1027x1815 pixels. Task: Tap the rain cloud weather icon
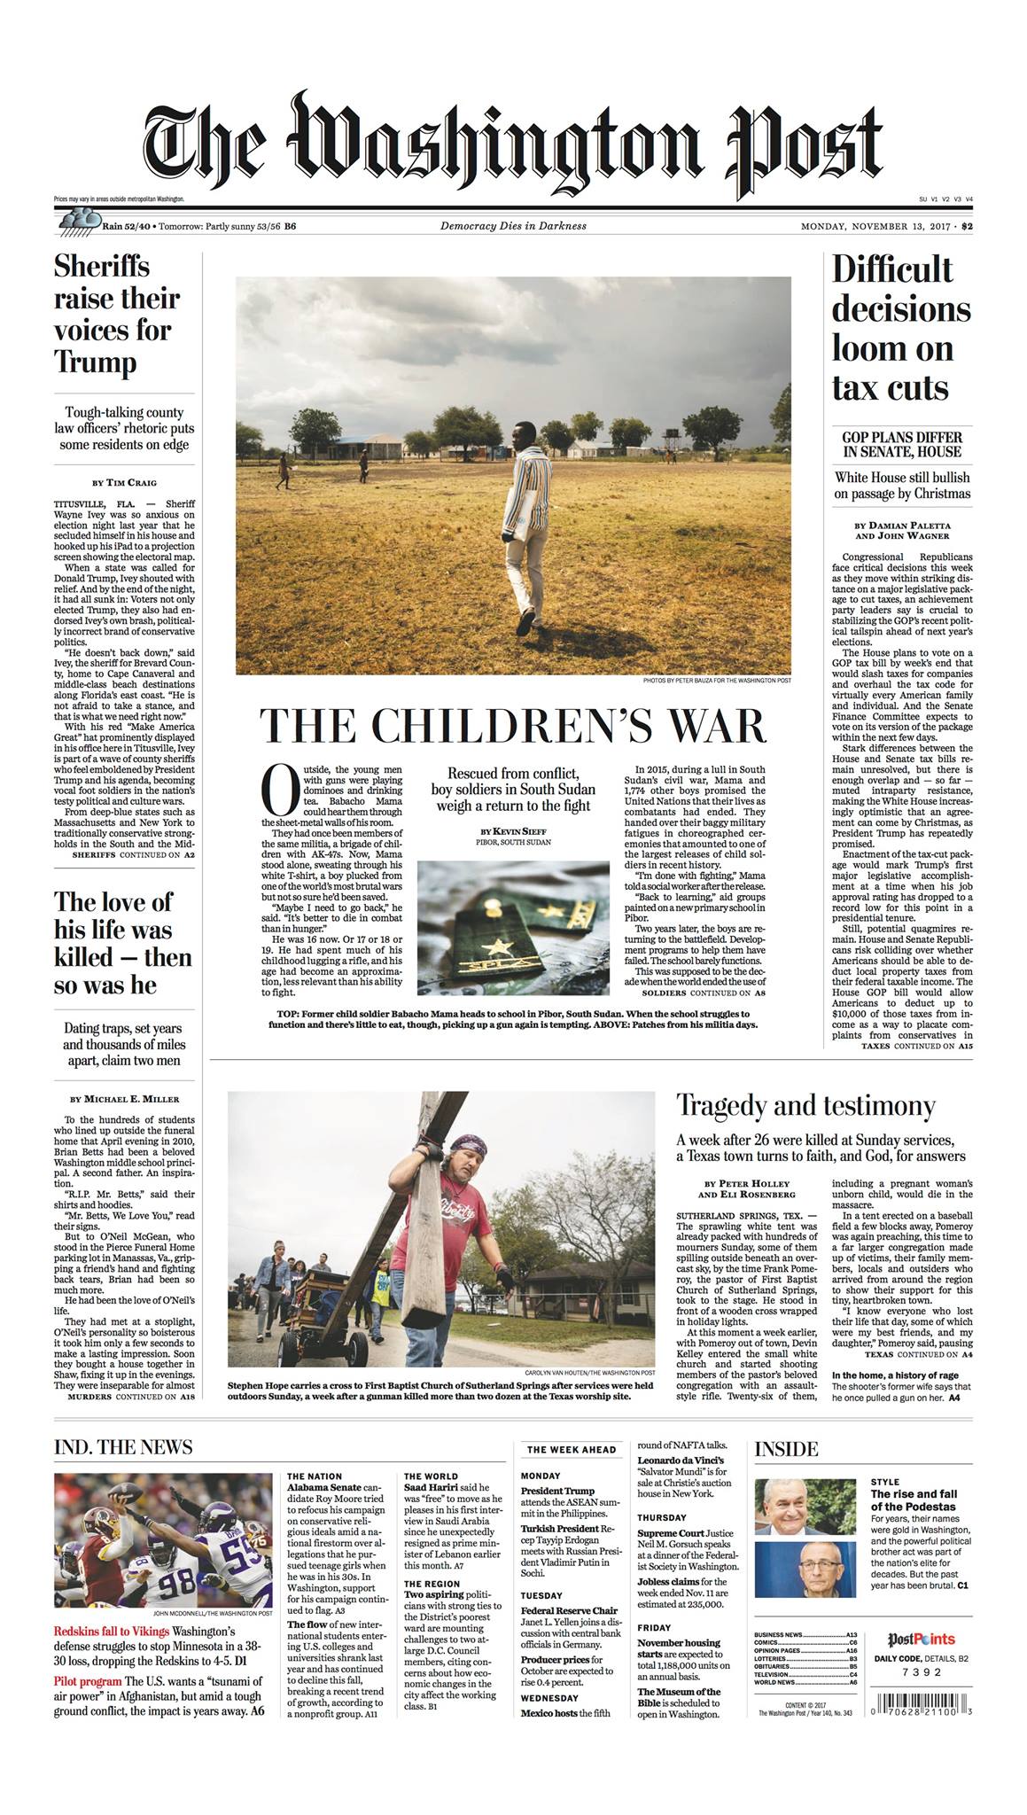78,222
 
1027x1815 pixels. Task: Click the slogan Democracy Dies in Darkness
513,226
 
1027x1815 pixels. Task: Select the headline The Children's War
513,726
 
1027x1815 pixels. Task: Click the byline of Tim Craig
124,482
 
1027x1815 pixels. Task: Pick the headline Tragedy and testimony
805,1106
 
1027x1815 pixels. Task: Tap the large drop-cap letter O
277,791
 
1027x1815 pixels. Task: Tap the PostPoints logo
921,1640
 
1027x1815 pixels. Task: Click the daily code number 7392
921,1673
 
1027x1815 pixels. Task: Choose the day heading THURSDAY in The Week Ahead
660,1517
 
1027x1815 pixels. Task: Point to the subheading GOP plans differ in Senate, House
901,444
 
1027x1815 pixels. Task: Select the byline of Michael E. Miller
124,1099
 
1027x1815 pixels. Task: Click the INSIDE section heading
787,1449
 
